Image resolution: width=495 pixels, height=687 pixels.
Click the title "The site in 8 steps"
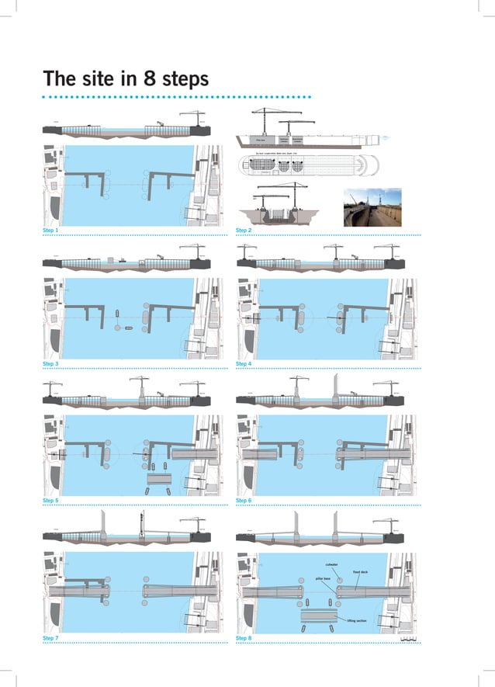click(x=126, y=79)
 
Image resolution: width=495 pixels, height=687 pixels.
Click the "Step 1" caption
click(x=51, y=231)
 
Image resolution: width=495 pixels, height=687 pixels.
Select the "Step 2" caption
click(x=244, y=231)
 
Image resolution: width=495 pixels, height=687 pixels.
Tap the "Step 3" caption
click(x=51, y=364)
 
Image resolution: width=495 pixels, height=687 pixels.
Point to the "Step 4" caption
click(x=244, y=364)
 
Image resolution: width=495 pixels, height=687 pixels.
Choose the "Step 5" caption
click(x=51, y=501)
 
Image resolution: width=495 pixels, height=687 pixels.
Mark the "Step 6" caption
click(x=244, y=501)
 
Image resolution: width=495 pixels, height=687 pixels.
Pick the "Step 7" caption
click(x=51, y=638)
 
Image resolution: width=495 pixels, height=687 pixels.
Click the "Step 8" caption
click(x=244, y=638)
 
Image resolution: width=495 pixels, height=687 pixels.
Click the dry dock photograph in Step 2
click(x=372, y=207)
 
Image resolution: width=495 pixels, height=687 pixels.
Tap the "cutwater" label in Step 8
click(x=331, y=564)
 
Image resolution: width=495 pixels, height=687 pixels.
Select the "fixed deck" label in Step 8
click(x=361, y=572)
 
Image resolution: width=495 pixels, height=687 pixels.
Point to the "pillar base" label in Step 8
click(x=323, y=579)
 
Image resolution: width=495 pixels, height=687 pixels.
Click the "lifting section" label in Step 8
click(x=357, y=620)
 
